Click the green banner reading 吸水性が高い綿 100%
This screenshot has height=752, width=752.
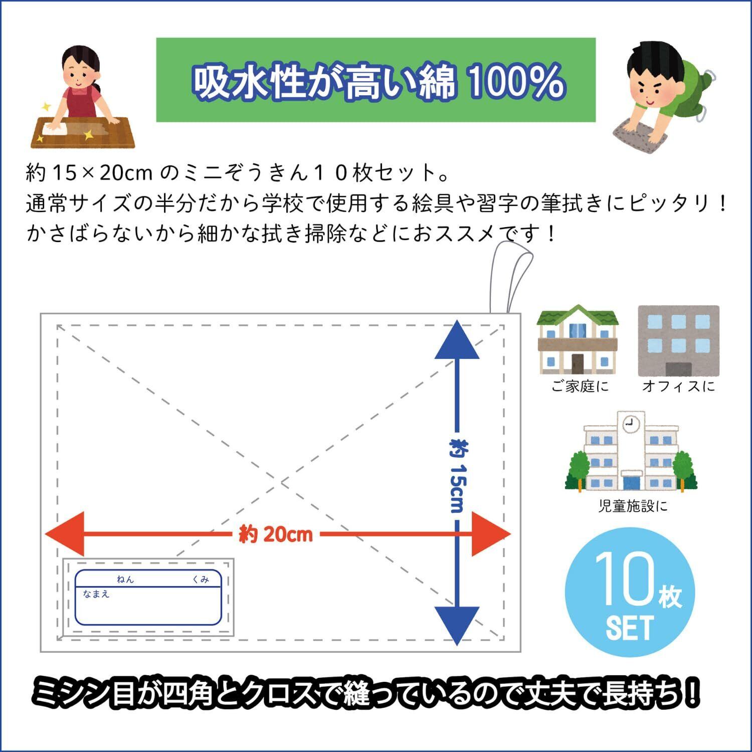tap(376, 80)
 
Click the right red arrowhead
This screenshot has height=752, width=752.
tap(491, 534)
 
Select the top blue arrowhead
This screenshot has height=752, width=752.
tap(457, 341)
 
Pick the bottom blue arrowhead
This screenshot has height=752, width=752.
tap(457, 624)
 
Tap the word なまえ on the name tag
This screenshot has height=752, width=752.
tap(96, 595)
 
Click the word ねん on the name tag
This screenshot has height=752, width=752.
tap(125, 580)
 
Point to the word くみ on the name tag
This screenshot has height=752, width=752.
tap(201, 580)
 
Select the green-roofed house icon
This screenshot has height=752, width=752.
tap(578, 340)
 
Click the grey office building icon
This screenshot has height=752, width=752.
tap(678, 341)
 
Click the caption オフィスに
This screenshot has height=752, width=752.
tap(678, 387)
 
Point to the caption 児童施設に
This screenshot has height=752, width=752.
tap(633, 506)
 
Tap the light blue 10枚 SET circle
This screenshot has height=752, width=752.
tap(630, 597)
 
